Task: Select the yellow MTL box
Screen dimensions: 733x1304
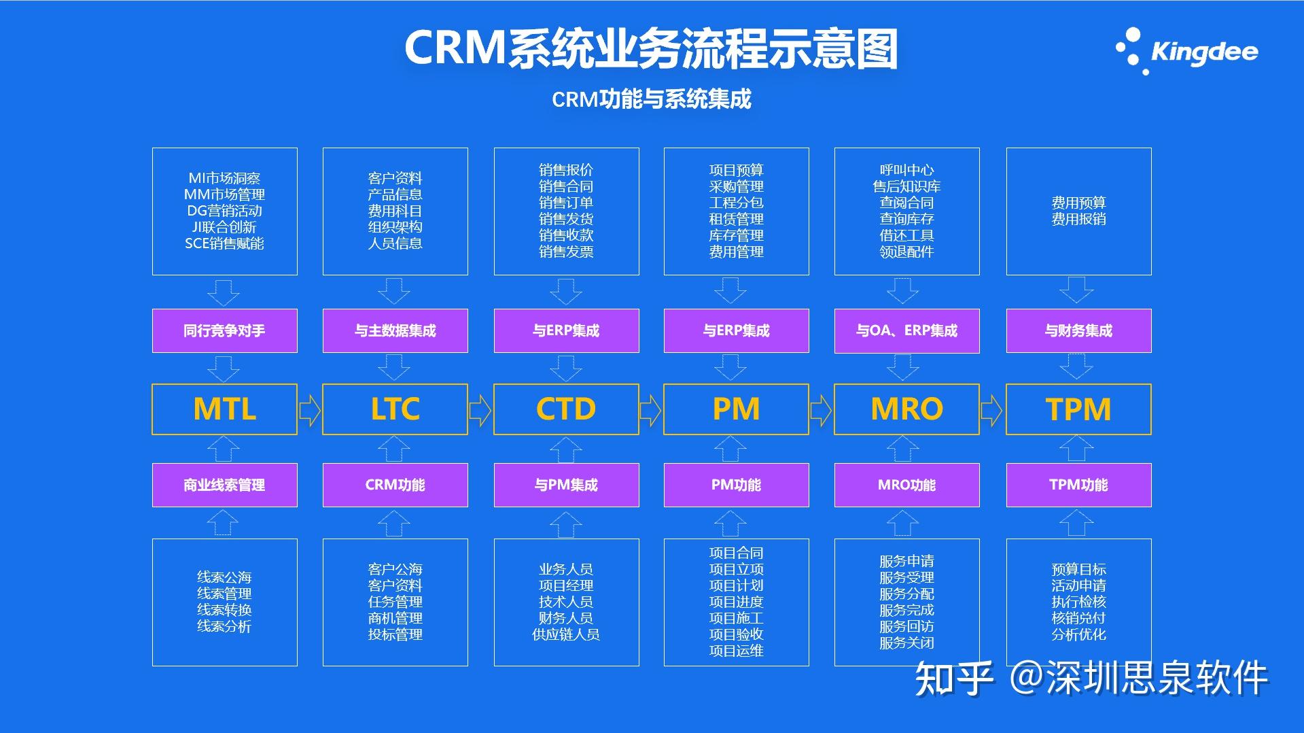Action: [224, 409]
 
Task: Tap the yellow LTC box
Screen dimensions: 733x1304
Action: [395, 409]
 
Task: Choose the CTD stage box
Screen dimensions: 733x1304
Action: [566, 409]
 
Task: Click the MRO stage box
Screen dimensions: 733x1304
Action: [906, 409]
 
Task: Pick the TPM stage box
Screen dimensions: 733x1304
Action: [1078, 409]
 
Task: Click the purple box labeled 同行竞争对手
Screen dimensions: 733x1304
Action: [224, 331]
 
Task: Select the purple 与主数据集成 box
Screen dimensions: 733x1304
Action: [395, 331]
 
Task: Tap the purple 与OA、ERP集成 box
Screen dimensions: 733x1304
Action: [906, 331]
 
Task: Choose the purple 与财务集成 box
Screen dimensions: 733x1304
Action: [1078, 331]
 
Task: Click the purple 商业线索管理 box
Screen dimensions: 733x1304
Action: [224, 485]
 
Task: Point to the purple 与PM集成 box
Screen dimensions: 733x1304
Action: [566, 485]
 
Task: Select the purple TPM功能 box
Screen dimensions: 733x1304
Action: [1078, 485]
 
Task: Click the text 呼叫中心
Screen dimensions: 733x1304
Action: [906, 170]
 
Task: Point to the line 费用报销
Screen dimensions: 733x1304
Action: [1078, 219]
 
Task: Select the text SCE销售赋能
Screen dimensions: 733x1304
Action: [224, 243]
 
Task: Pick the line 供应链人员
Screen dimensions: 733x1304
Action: [566, 634]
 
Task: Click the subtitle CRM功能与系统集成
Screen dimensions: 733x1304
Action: [651, 99]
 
